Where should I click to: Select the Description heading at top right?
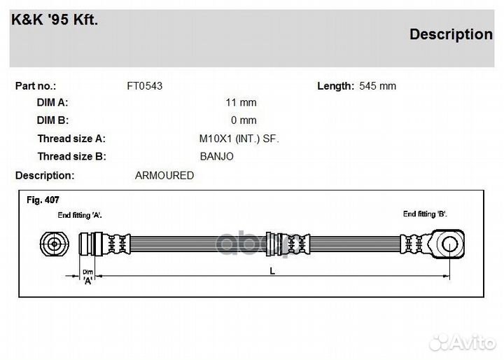click(x=451, y=34)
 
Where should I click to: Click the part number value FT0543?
click(x=144, y=86)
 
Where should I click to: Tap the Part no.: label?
click(x=36, y=86)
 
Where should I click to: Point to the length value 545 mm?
click(x=377, y=86)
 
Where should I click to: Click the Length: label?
click(x=335, y=86)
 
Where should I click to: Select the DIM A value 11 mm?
click(x=241, y=102)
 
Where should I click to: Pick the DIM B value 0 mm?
click(x=244, y=120)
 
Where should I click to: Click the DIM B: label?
click(x=52, y=120)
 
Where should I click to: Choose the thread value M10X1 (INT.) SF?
click(x=239, y=139)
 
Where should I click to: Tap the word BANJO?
click(x=216, y=157)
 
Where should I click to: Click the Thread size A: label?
click(x=71, y=139)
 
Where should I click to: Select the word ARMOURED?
click(x=164, y=176)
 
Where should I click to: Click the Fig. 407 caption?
click(x=43, y=200)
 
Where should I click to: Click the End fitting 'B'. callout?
click(x=425, y=214)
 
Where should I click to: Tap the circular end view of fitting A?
click(x=54, y=244)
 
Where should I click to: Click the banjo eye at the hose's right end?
click(x=445, y=244)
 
